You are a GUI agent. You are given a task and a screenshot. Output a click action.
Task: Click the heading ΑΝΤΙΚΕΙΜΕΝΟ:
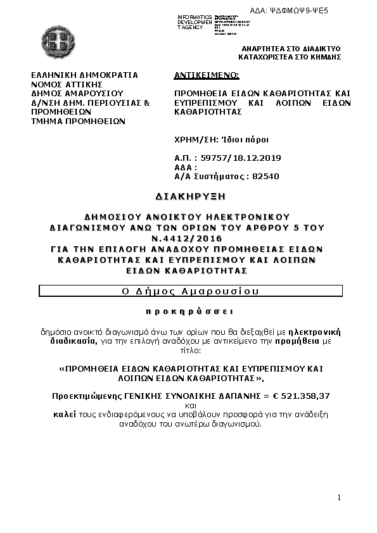(207, 75)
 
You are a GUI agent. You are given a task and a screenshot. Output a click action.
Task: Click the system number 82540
(265, 177)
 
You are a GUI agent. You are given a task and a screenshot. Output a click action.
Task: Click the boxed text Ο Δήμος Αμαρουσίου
(191, 291)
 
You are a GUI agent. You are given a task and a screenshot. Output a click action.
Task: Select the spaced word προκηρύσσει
(189, 311)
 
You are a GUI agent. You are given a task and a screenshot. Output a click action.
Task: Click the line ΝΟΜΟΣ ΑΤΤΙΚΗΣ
(67, 84)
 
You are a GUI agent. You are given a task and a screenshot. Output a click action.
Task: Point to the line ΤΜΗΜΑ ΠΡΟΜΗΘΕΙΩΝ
(79, 120)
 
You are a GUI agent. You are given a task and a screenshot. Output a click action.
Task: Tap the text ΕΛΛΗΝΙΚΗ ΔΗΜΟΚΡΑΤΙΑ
(84, 75)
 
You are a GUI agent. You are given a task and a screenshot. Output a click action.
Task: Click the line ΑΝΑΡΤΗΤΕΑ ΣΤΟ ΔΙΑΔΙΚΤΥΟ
(291, 49)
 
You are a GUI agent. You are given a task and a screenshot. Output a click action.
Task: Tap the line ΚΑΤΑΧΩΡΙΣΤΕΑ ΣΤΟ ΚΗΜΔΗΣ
(290, 57)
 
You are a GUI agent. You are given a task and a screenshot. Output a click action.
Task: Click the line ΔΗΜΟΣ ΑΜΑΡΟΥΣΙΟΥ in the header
(77, 92)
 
